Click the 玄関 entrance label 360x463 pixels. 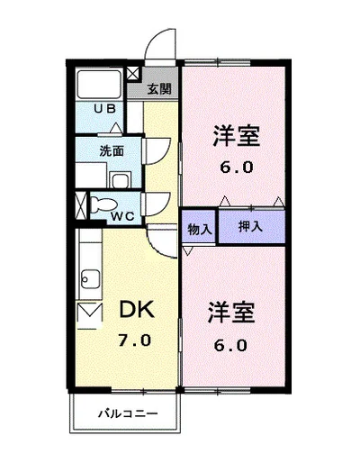(x=159, y=89)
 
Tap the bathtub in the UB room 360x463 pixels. (x=99, y=84)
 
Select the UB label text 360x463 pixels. (x=104, y=109)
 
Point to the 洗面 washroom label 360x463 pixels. (x=112, y=151)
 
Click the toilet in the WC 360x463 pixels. (x=103, y=204)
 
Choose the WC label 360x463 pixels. (x=122, y=216)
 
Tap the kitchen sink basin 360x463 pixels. (x=91, y=279)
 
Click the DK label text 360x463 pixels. (x=137, y=309)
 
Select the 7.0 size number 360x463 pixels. (x=134, y=340)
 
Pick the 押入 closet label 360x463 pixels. (x=250, y=226)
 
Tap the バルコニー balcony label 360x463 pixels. (x=128, y=414)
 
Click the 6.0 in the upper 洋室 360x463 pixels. (x=237, y=168)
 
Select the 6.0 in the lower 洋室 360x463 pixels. (x=230, y=346)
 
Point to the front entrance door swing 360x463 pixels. (x=160, y=44)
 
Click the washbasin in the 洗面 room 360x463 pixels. (x=121, y=180)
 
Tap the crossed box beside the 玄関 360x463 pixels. (x=133, y=74)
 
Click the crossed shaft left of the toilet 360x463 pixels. (x=80, y=205)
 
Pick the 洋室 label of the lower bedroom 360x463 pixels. (x=231, y=313)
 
